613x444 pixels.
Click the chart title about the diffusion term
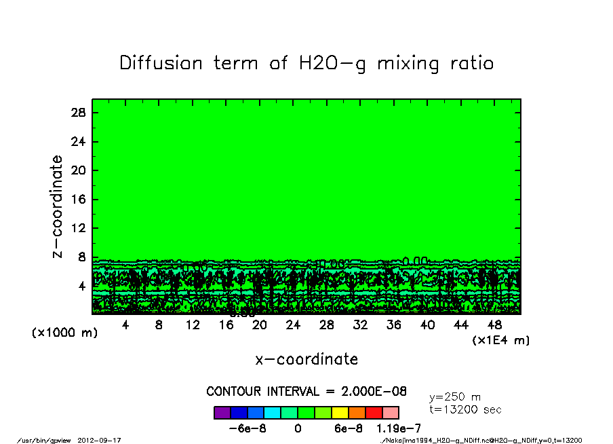(x=306, y=63)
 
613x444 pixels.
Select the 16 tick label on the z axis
(x=79, y=200)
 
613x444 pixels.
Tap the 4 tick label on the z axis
(x=82, y=286)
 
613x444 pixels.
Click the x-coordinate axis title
(x=306, y=359)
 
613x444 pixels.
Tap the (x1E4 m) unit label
(x=501, y=339)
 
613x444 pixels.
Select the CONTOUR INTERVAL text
(x=306, y=392)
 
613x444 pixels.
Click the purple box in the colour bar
(x=222, y=413)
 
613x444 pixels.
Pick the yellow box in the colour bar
(x=340, y=413)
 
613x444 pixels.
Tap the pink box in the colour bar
(x=391, y=413)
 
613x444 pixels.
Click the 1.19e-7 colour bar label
(x=399, y=428)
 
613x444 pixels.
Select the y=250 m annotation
(x=455, y=397)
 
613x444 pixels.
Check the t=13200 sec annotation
(x=465, y=409)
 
